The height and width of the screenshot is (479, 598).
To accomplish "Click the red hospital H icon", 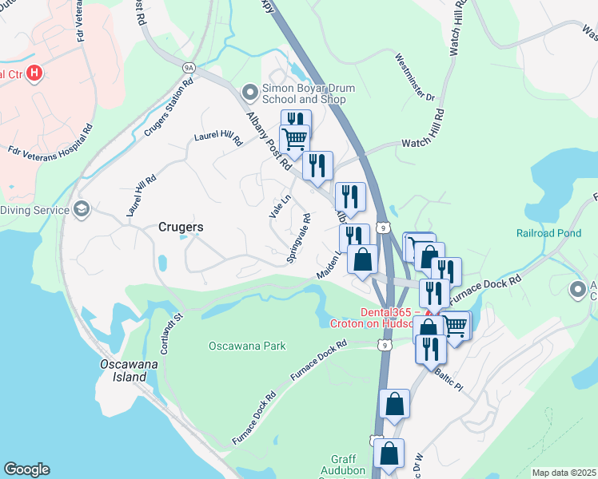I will tap(34, 74).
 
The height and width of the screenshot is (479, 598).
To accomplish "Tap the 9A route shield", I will tap(189, 68).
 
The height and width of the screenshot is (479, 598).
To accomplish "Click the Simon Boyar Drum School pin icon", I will tap(250, 93).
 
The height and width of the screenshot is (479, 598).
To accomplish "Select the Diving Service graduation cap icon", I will tap(81, 209).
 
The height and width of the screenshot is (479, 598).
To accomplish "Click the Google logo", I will tap(26, 469).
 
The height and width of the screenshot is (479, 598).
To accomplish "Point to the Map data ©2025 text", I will tap(564, 473).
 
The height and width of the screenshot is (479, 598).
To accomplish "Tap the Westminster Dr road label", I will tap(415, 77).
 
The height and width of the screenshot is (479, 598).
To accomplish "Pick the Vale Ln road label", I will tap(279, 206).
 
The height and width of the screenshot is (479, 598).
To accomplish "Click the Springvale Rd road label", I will tap(298, 238).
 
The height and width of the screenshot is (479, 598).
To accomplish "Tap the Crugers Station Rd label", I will tap(169, 109).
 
